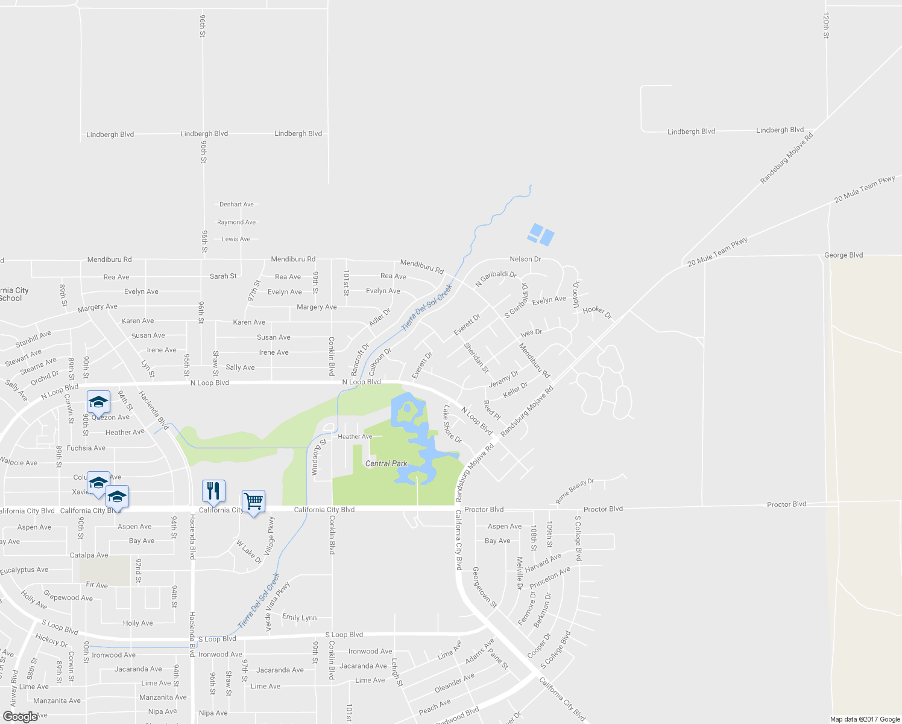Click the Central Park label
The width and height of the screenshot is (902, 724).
386,463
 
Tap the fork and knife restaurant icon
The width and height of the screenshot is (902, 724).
213,491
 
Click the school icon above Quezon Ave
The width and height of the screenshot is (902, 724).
98,401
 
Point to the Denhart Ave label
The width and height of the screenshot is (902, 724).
236,205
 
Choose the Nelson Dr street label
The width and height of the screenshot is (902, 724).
525,259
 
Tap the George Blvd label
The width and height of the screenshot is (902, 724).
843,255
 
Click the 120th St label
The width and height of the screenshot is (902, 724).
825,26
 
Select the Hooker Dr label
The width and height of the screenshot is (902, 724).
597,312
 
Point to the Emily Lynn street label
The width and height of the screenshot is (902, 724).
299,617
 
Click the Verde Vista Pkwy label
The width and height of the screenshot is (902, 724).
279,606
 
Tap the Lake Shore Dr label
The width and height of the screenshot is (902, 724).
452,424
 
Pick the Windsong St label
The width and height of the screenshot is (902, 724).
318,458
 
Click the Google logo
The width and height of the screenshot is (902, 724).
20,716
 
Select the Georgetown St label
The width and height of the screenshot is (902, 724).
484,587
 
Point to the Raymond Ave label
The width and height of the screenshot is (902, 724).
236,223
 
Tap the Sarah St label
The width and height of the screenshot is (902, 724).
223,276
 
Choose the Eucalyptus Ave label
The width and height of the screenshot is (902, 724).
24,570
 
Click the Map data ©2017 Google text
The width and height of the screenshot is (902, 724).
865,719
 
